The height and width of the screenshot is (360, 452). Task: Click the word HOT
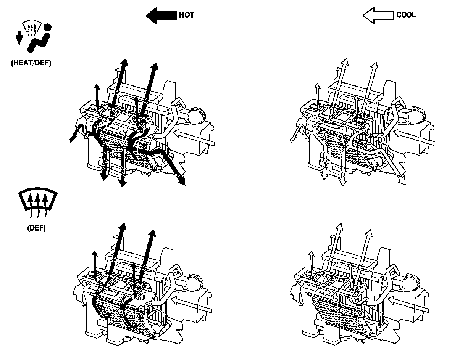pyautogui.click(x=187, y=15)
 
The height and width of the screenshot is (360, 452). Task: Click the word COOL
pyautogui.click(x=406, y=15)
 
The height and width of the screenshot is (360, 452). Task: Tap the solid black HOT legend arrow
pyautogui.click(x=161, y=16)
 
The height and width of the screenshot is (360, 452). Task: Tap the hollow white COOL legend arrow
pyautogui.click(x=378, y=15)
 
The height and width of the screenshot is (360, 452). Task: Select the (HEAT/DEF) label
pyautogui.click(x=31, y=63)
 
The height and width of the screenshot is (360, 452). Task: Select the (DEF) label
pyautogui.click(x=36, y=228)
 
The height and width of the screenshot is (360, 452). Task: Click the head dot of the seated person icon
pyautogui.click(x=48, y=27)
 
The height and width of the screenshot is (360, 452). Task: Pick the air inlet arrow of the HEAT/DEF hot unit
pyautogui.click(x=194, y=138)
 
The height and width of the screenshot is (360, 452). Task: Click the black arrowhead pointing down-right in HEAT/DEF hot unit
pyautogui.click(x=182, y=181)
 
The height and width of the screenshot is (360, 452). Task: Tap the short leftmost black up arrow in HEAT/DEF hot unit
pyautogui.click(x=97, y=97)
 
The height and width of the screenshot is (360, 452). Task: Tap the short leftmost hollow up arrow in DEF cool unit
pyautogui.click(x=312, y=264)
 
